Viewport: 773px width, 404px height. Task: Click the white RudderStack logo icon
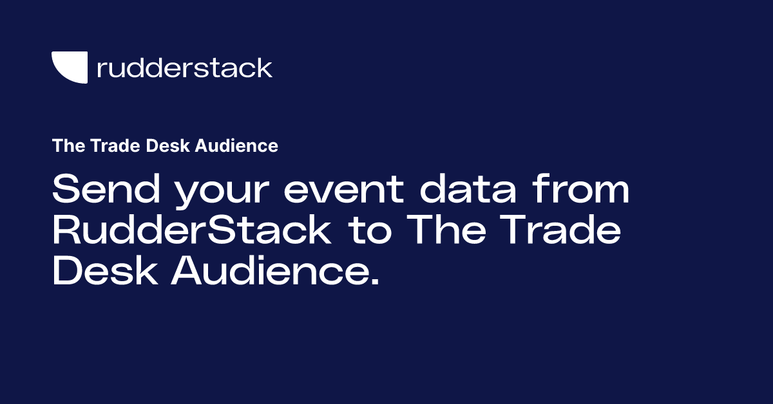click(69, 68)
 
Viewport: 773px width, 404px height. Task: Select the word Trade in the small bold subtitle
click(106, 146)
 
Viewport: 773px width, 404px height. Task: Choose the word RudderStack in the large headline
click(192, 232)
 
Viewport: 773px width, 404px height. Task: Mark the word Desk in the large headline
click(104, 273)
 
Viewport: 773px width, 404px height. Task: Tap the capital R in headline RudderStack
click(67, 232)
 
